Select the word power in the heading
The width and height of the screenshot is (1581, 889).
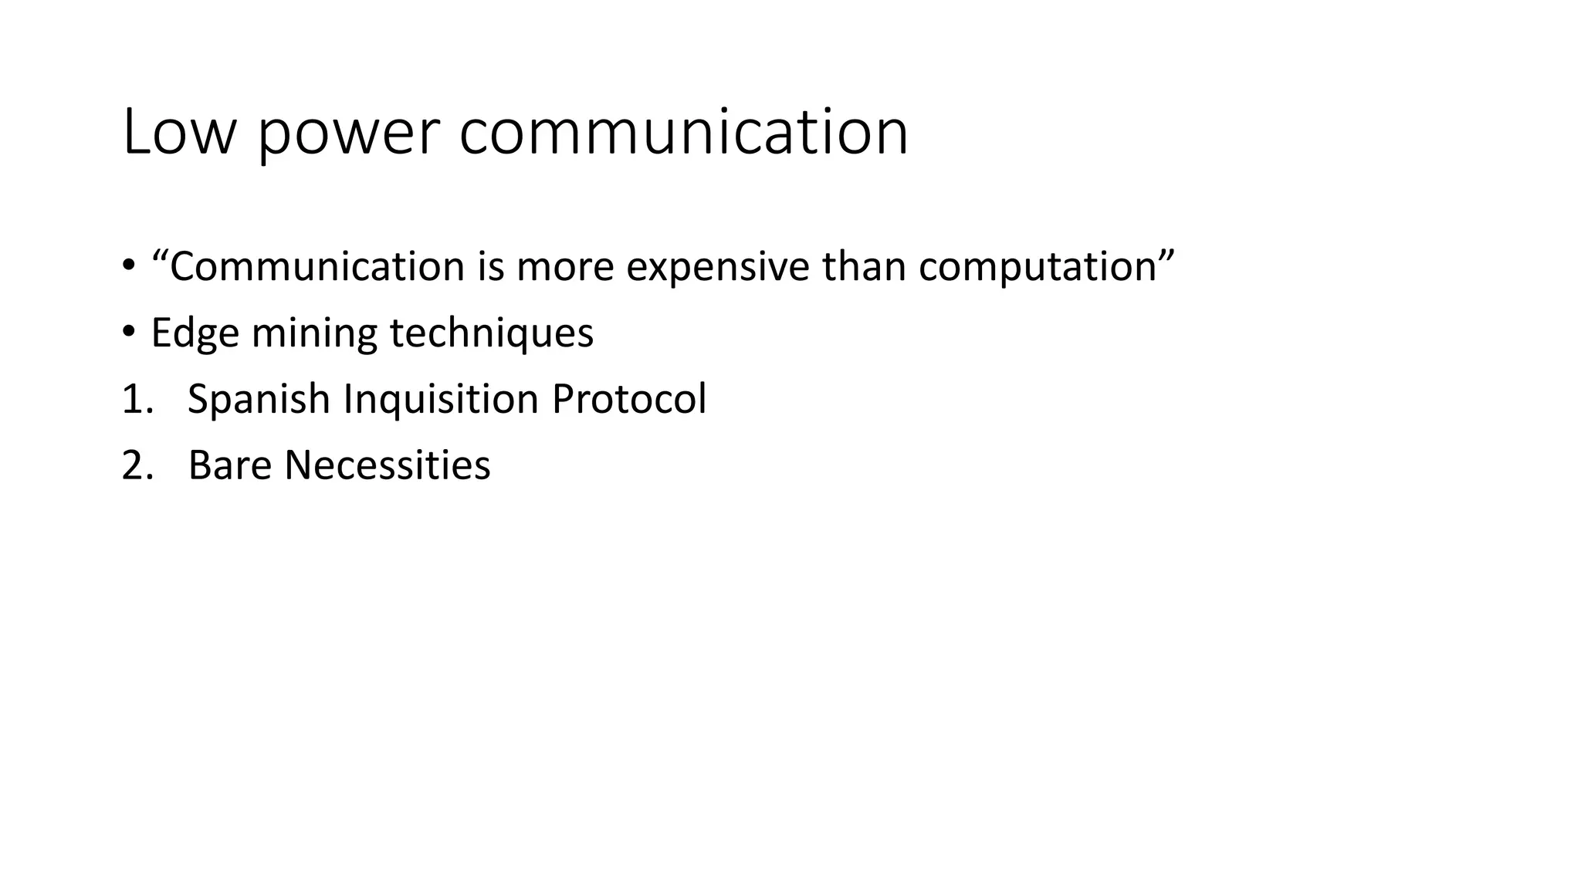(x=347, y=133)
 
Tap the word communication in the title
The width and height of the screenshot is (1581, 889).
(x=683, y=133)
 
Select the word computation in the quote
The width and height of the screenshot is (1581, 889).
(x=1037, y=266)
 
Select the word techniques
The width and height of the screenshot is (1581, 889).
(x=491, y=333)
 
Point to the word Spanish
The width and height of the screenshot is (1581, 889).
(x=259, y=399)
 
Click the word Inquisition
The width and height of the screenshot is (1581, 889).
(x=440, y=399)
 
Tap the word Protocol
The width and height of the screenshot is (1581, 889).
(x=628, y=399)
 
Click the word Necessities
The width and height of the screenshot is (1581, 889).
(x=387, y=465)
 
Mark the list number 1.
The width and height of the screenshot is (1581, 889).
(x=137, y=399)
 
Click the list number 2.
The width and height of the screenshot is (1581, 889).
(x=137, y=465)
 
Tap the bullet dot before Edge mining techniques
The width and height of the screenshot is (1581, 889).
(x=128, y=333)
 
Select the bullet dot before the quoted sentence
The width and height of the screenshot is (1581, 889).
(x=128, y=266)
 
